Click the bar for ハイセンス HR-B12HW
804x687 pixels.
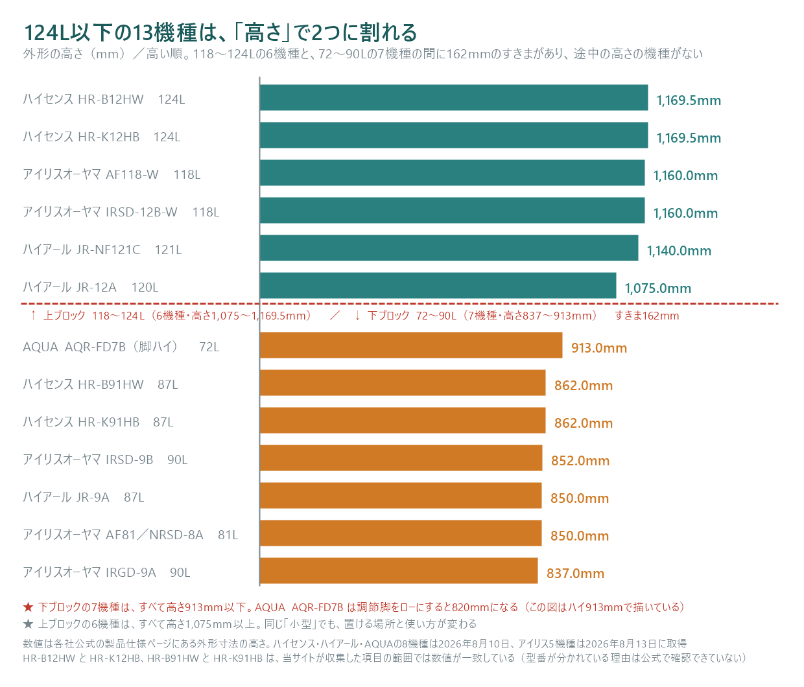click(x=454, y=98)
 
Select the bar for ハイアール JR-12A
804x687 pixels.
click(x=438, y=285)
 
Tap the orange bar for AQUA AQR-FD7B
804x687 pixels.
click(x=411, y=345)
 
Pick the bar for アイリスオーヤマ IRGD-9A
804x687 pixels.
click(x=399, y=570)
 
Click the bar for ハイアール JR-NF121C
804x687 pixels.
click(x=449, y=248)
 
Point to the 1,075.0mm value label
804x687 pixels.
click(x=657, y=288)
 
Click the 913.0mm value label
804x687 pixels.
click(x=599, y=347)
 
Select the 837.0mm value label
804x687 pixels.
click(x=575, y=573)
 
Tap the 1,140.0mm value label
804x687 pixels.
click(x=679, y=250)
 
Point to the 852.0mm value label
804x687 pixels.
click(x=580, y=460)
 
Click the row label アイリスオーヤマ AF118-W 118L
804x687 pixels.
click(x=112, y=174)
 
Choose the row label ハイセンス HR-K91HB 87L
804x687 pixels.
click(x=98, y=421)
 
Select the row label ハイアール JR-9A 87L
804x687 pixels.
click(x=83, y=497)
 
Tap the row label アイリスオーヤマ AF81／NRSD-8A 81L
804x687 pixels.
click(x=130, y=535)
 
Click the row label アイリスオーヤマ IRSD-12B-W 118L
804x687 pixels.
click(x=121, y=212)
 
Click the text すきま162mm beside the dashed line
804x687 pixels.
click(x=646, y=316)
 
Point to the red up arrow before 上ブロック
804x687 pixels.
click(x=34, y=316)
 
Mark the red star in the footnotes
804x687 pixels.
click(x=28, y=607)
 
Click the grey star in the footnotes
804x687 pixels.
click(x=28, y=623)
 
